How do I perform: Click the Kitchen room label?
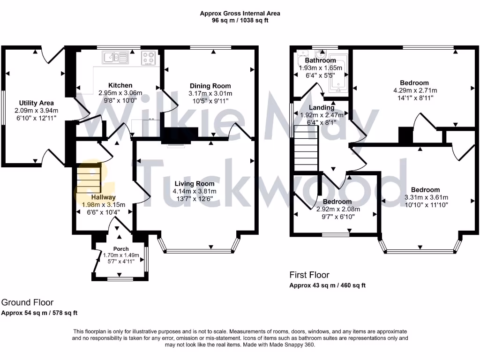[120, 85]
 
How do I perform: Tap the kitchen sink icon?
[115, 57]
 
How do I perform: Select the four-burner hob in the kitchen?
[149, 58]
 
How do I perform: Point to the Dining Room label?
[210, 86]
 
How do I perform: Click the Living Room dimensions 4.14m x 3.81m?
[195, 191]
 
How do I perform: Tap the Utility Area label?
[36, 103]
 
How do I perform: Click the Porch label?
[120, 248]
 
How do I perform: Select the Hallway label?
[103, 197]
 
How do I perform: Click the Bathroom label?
[320, 60]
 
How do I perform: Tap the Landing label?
[322, 107]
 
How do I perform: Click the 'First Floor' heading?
[309, 275]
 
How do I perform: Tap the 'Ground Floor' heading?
[28, 303]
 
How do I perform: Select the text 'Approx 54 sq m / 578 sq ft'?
[39, 313]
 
